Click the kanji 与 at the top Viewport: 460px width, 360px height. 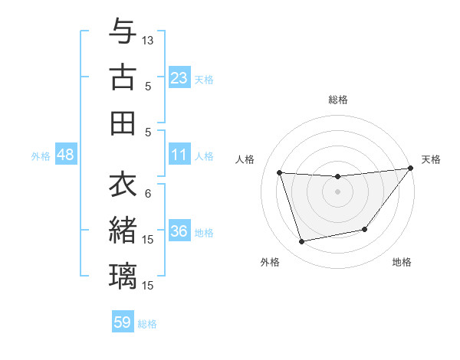123,31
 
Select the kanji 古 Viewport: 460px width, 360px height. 123,77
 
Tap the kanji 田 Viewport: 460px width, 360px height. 123,123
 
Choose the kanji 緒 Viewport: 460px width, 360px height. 123,230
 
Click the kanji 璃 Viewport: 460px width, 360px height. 123,276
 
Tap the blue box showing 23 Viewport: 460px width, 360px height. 179,77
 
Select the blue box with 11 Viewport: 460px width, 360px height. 179,155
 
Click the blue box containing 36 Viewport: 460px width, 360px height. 179,232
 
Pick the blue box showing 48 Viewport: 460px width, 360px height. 66,155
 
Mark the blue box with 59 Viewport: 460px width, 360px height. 123,322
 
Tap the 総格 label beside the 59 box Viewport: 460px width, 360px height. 147,324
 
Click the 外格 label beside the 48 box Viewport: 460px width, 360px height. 41,156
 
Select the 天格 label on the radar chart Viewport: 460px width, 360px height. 431,159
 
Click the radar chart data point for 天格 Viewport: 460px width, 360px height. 410,169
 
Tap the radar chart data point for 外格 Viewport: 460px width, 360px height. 302,242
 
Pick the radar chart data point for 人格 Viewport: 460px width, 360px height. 280,172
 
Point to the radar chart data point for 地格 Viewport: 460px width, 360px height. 365,229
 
